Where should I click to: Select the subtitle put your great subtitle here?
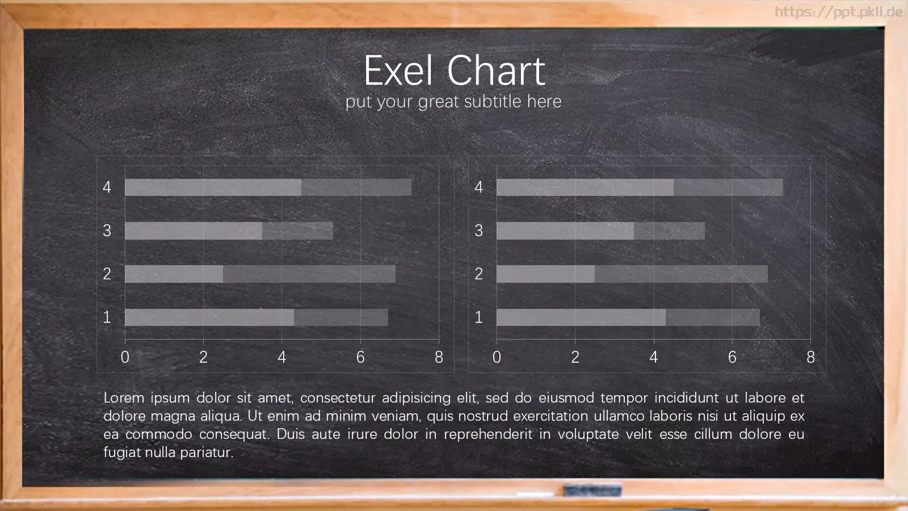453,102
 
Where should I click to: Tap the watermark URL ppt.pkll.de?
839,12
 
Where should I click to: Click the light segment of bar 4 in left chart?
213,187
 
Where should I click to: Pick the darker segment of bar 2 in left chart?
309,274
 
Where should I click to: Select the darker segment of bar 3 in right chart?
669,231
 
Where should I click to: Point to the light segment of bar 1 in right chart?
581,317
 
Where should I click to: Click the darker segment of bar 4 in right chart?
729,187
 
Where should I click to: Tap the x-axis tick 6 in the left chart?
360,357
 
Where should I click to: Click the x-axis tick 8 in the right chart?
811,357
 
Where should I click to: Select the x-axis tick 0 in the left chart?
125,357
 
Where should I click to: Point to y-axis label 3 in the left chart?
107,231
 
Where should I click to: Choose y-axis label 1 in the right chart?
479,317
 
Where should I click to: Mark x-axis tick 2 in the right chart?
575,357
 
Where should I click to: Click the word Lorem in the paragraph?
124,398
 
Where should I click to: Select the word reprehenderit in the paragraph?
488,434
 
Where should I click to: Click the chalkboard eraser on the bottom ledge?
592,491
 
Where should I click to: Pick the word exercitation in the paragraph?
550,416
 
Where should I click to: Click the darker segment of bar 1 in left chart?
341,317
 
